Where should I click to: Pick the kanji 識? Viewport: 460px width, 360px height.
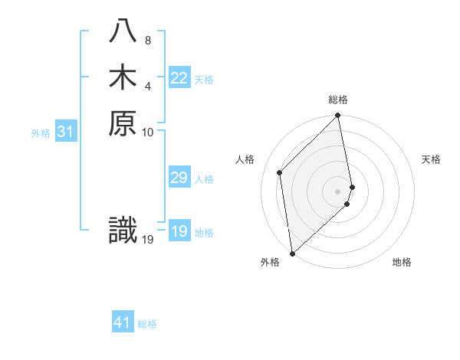pyautogui.click(x=123, y=231)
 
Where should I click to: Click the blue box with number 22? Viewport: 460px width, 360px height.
pyautogui.click(x=179, y=78)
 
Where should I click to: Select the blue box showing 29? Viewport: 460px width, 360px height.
pyautogui.click(x=179, y=178)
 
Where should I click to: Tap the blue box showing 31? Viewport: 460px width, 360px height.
pyautogui.click(x=66, y=132)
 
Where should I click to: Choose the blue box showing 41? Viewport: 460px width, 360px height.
pyautogui.click(x=123, y=322)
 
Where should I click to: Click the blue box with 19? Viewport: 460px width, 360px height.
pyautogui.click(x=179, y=231)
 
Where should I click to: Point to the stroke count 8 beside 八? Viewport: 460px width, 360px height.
pyautogui.click(x=147, y=40)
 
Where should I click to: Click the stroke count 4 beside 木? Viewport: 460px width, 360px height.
pyautogui.click(x=147, y=85)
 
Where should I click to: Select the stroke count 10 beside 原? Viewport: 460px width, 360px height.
pyautogui.click(x=148, y=132)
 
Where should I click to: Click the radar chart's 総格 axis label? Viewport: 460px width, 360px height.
pyautogui.click(x=338, y=100)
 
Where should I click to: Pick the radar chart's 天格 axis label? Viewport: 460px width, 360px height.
pyautogui.click(x=431, y=159)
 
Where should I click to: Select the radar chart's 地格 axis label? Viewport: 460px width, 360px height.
pyautogui.click(x=402, y=262)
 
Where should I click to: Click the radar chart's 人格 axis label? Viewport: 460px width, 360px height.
pyautogui.click(x=245, y=159)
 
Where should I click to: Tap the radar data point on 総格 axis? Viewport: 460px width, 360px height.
pyautogui.click(x=338, y=116)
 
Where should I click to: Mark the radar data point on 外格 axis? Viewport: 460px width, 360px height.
pyautogui.click(x=292, y=252)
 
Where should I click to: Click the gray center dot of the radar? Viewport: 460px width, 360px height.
pyautogui.click(x=338, y=191)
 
